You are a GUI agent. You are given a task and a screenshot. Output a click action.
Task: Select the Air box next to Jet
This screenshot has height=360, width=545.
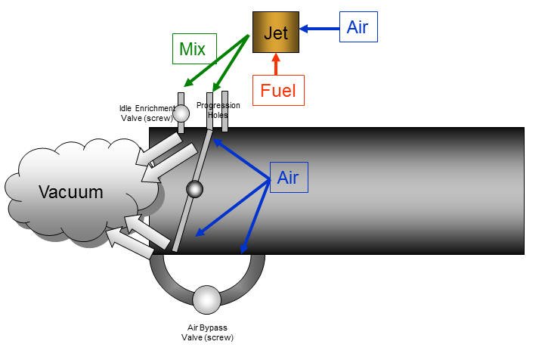point(358,27)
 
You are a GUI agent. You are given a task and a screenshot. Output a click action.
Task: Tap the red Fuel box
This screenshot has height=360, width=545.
point(277,92)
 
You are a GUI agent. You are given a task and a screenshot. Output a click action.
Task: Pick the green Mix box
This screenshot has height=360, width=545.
point(192,49)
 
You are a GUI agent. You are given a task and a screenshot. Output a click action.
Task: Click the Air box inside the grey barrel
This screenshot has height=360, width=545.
point(287,178)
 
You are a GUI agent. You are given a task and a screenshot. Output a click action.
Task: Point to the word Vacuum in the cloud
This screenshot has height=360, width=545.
point(71,192)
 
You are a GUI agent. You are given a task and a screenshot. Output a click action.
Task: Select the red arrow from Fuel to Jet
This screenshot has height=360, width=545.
point(276,64)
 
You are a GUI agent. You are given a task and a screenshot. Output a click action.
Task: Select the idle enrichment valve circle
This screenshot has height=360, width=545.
point(181,113)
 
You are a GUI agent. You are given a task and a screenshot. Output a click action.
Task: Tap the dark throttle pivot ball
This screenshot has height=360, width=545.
point(194,190)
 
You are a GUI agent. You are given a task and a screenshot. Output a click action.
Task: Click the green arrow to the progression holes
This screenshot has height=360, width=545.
point(230,64)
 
